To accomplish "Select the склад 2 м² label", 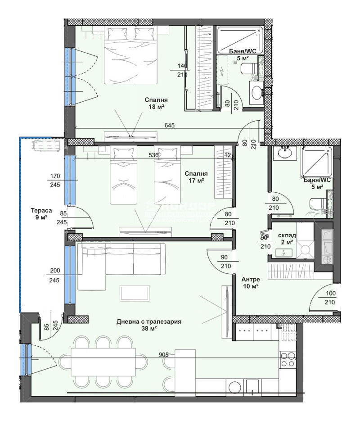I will (x=286, y=239).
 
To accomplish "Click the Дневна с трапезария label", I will (x=148, y=325).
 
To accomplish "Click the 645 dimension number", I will (x=170, y=125).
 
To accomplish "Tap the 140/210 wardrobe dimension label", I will (x=182, y=70).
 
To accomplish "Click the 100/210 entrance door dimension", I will (x=331, y=298).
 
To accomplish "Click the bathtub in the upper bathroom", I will (x=239, y=40).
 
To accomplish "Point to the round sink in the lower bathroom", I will (x=285, y=153).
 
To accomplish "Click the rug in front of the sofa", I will (x=134, y=293).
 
